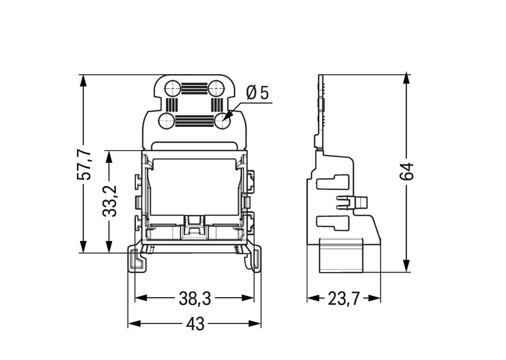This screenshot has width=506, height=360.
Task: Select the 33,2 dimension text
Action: coord(110,201)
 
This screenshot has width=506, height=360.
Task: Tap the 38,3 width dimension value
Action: coord(195,298)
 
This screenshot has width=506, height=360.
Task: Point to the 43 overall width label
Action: coord(195,324)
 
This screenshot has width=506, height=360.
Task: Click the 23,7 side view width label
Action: coord(344,298)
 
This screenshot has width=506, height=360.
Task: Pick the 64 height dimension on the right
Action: coord(406,171)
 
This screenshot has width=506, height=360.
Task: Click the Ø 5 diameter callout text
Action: coord(257,92)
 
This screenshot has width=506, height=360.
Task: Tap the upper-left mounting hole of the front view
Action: coord(172,89)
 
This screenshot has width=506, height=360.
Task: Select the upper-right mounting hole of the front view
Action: coord(216,89)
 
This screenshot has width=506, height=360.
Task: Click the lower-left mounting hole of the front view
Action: coord(167,120)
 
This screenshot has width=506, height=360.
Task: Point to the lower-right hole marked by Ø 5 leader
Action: coord(222,120)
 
